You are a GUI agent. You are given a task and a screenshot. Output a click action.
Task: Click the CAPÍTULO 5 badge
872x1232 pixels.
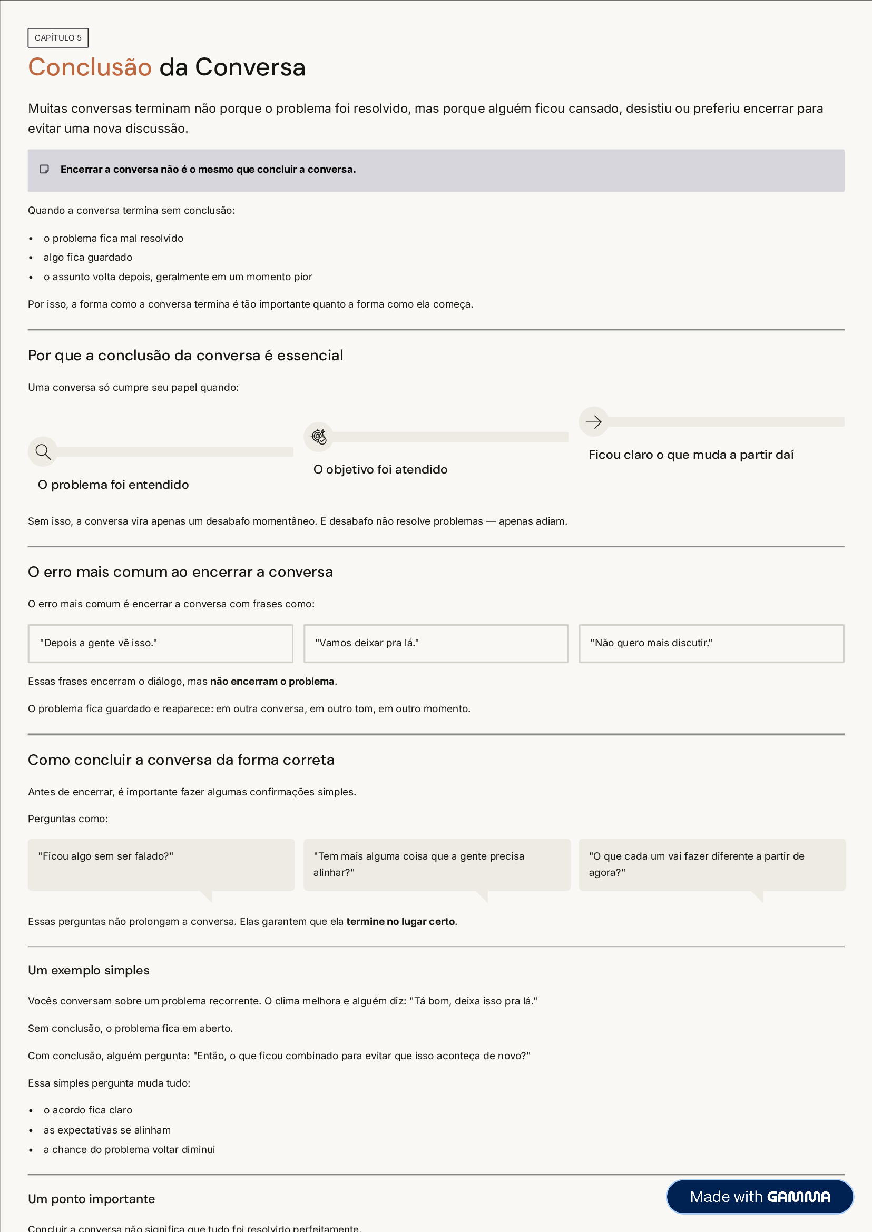coord(58,37)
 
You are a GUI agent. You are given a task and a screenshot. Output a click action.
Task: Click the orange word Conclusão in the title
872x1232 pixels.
coord(90,67)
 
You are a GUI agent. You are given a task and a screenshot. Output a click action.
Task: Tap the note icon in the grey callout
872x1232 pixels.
coord(45,169)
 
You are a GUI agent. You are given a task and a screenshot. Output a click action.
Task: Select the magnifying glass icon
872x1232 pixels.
coord(43,452)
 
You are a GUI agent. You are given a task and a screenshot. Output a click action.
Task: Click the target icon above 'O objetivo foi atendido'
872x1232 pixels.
coord(319,437)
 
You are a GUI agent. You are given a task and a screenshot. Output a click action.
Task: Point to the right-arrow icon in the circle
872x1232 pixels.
coord(593,422)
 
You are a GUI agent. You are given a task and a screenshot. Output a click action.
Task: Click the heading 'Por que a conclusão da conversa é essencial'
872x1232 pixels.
coord(185,356)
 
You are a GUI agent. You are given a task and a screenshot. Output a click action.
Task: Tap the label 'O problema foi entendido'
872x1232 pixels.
coord(113,485)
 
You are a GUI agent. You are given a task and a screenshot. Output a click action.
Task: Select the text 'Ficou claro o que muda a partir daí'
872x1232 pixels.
coord(691,455)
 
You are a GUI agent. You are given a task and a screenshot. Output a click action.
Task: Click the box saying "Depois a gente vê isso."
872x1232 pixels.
coord(160,643)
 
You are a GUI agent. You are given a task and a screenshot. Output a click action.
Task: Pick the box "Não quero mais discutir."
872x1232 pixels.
coord(711,643)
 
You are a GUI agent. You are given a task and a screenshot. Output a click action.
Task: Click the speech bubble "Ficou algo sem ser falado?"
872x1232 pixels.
coord(161,864)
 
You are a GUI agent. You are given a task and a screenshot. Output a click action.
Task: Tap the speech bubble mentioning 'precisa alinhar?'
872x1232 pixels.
coord(437,864)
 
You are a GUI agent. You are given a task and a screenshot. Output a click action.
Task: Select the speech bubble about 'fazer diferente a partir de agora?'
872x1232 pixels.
coord(711,864)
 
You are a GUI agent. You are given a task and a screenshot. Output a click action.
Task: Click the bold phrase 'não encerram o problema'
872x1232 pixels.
coord(272,681)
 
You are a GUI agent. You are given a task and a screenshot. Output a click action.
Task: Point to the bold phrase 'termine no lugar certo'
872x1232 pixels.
coord(400,921)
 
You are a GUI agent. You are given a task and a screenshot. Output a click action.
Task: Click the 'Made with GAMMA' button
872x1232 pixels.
coord(759,1197)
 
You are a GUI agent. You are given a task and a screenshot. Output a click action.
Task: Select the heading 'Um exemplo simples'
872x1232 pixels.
coord(89,970)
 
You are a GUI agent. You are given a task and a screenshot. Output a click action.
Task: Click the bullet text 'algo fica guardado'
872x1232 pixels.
coord(88,257)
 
